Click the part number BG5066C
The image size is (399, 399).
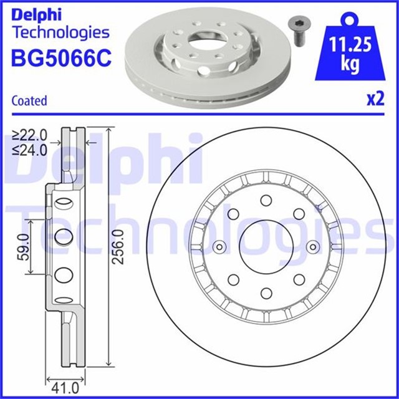point(61,57)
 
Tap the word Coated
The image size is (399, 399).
point(29,100)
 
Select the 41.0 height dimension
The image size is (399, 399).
point(64,387)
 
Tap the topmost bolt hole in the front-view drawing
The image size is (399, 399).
point(266,200)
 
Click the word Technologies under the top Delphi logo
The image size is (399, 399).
point(60,33)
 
